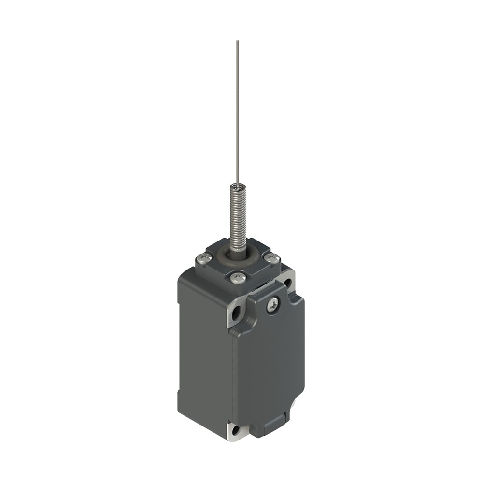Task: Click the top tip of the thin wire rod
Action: click(237, 42)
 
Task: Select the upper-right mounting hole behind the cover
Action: click(288, 282)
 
